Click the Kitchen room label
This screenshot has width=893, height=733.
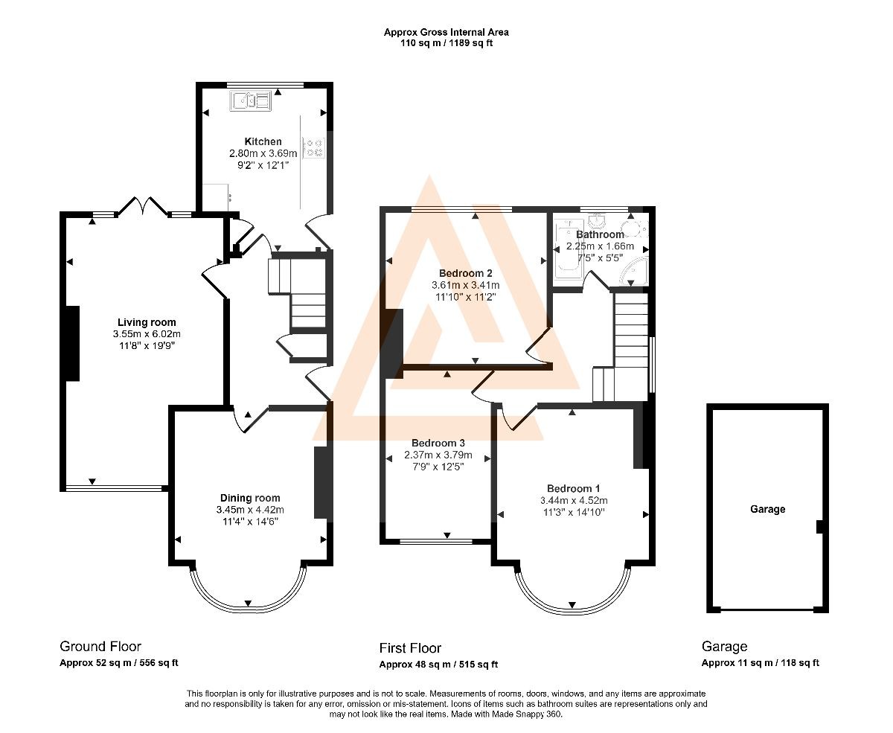click(263, 141)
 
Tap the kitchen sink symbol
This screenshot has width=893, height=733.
click(250, 100)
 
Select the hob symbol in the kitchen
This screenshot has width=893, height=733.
click(314, 148)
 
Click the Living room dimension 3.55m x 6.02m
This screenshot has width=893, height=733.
click(147, 333)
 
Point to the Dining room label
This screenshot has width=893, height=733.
click(250, 498)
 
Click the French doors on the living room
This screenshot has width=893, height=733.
click(142, 205)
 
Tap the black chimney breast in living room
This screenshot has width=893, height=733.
click(72, 343)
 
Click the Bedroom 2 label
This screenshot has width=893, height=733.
click(465, 273)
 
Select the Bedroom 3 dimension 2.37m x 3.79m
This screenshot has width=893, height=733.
click(438, 455)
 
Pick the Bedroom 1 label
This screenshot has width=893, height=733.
click(573, 489)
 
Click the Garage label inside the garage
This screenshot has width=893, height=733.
click(768, 509)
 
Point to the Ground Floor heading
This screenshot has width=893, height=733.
click(100, 646)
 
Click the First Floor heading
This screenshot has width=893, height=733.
click(410, 648)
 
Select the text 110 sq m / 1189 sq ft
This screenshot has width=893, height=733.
click(446, 42)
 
